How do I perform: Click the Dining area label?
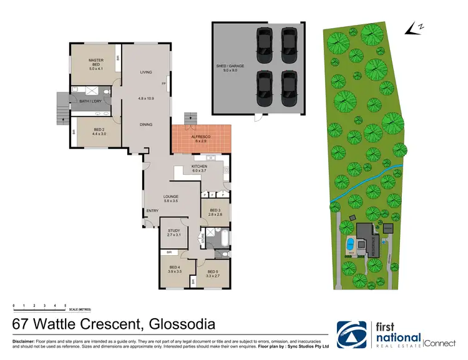tap(146, 125)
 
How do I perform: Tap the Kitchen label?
tap(200, 168)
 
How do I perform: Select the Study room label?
tap(173, 233)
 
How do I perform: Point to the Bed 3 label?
tap(216, 212)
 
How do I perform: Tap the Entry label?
tap(152, 211)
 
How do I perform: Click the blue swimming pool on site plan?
tap(349, 244)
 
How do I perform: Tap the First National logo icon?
tap(351, 334)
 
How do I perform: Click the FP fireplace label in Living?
tap(164, 83)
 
